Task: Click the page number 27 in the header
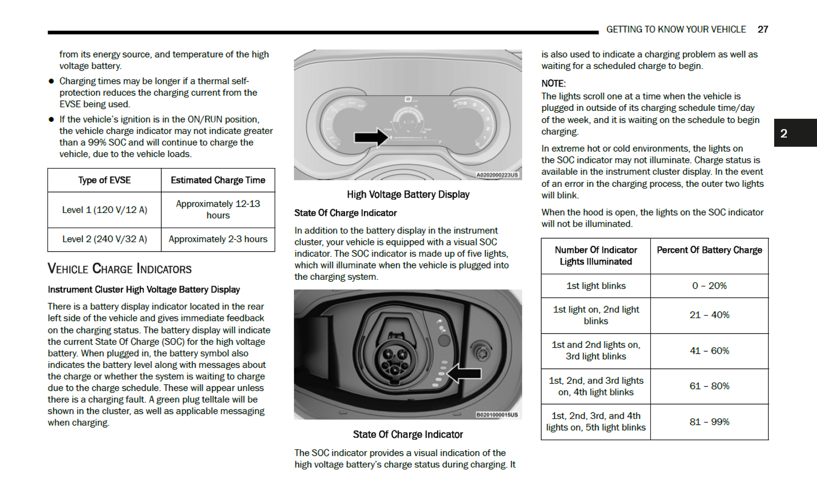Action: coord(762,29)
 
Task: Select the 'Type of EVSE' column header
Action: coord(104,180)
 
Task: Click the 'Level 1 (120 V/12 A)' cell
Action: coord(105,210)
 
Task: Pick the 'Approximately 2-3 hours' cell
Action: coord(218,239)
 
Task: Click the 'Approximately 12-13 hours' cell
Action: coord(218,209)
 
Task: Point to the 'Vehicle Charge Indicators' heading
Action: coord(120,269)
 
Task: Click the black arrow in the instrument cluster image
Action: coord(371,137)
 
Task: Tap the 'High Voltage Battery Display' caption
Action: coord(408,194)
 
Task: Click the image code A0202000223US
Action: coord(497,175)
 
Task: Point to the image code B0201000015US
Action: coord(497,415)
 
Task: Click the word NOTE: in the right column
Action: coord(553,84)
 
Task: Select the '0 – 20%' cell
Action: coord(709,286)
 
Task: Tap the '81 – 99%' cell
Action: coord(709,422)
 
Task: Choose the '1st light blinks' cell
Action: coord(596,286)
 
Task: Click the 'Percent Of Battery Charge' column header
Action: coord(709,250)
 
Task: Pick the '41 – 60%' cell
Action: coord(709,351)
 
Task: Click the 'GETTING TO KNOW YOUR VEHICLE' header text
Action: coord(676,29)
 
